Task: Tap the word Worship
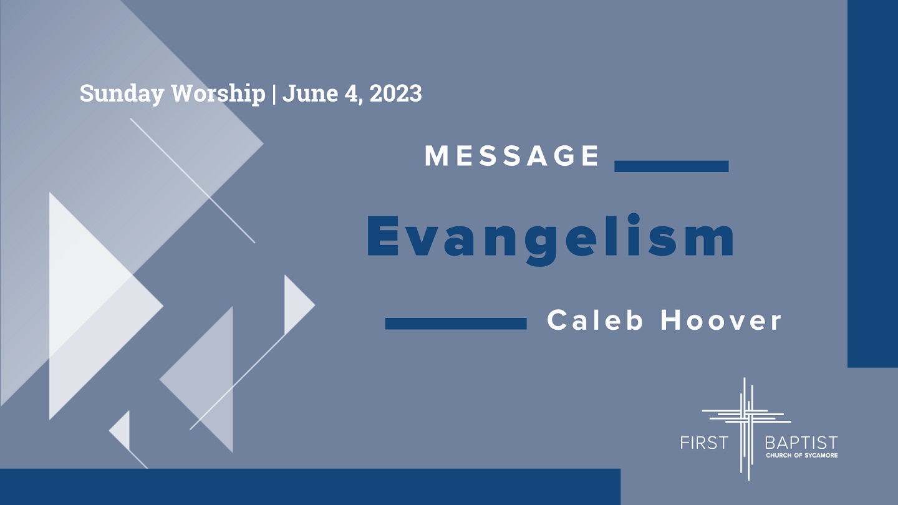coord(218,94)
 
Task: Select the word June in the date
coord(311,93)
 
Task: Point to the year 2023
coord(395,93)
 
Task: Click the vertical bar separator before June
coord(274,94)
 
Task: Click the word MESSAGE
coord(511,155)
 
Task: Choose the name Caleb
coord(596,320)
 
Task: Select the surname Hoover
coord(721,320)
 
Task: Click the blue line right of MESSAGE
coord(672,166)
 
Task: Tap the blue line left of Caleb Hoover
coord(456,324)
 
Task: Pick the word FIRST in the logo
coord(705,443)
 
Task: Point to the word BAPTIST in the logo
coord(801,443)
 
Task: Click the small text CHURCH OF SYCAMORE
coord(802,455)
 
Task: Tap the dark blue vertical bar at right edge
coord(873,183)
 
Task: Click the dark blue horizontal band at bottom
coord(311,487)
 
